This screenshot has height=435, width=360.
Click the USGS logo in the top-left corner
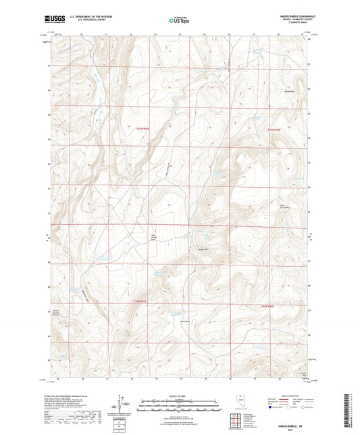click(x=52, y=20)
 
